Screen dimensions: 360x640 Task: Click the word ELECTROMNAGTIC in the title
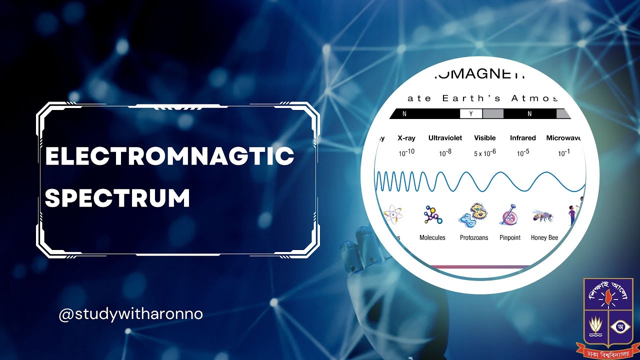tap(169, 156)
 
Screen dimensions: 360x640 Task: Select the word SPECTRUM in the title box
tap(118, 198)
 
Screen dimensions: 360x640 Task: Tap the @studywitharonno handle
tap(131, 315)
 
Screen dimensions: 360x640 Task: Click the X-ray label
tap(406, 138)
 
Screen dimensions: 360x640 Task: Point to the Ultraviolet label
tap(445, 138)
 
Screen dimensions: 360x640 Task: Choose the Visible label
tap(484, 138)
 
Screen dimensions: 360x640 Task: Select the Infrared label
tap(522, 138)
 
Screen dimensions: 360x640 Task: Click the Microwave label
tap(563, 138)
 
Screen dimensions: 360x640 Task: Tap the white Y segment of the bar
tap(471, 114)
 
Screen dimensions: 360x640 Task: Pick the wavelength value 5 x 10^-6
tap(484, 152)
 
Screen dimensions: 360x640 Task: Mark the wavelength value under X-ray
tap(406, 152)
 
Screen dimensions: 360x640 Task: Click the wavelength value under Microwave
tap(563, 152)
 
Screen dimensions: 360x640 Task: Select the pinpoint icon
tap(509, 215)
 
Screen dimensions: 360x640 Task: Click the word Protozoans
tap(474, 238)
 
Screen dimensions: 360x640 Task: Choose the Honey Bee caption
tap(544, 238)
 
